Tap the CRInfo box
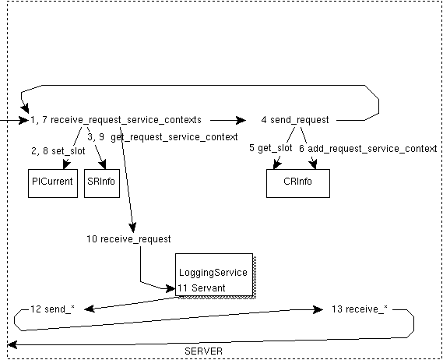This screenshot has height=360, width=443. click(x=297, y=182)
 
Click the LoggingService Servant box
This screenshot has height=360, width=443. click(x=213, y=274)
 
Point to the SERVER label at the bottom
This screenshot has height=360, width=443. click(x=204, y=351)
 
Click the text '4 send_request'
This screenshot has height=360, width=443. click(x=294, y=120)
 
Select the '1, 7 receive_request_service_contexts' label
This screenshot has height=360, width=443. click(x=116, y=120)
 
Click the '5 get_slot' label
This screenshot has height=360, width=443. click(x=271, y=147)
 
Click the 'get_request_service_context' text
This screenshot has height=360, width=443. click(x=174, y=136)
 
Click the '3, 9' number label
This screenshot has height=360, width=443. click(x=95, y=136)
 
